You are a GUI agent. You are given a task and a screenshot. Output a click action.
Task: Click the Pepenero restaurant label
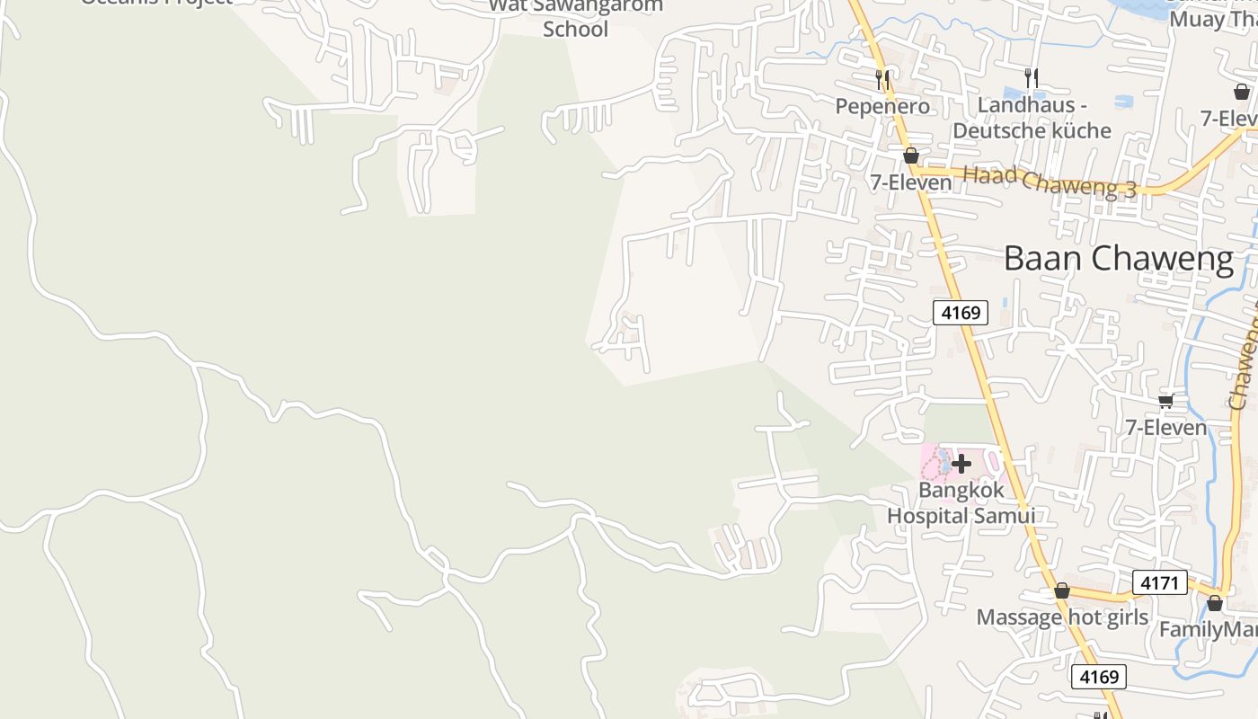(882, 106)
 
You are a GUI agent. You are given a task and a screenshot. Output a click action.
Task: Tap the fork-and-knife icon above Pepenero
(882, 79)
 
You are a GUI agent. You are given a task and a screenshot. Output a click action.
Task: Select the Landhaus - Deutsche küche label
(1032, 118)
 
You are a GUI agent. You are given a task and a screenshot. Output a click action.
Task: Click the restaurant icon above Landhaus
(1032, 78)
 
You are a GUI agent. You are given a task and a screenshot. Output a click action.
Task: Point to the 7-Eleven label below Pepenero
(910, 182)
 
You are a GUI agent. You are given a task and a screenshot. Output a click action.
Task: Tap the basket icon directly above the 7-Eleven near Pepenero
(911, 155)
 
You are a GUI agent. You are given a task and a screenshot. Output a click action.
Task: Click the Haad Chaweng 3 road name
(1050, 180)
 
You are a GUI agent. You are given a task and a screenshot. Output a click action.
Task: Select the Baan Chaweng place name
(1119, 259)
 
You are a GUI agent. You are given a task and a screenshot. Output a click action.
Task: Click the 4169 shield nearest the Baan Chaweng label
(961, 313)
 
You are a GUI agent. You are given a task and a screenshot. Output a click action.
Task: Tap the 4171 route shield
(1159, 582)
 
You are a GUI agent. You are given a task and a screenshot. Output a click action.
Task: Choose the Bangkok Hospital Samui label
(961, 503)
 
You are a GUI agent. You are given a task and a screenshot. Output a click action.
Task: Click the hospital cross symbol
(961, 464)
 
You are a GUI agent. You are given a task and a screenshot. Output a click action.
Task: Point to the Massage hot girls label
(1062, 617)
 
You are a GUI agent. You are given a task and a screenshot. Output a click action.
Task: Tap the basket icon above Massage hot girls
(1062, 590)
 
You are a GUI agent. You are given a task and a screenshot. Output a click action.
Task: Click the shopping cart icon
(1166, 401)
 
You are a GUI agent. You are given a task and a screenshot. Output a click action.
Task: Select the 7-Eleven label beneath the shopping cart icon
(1166, 428)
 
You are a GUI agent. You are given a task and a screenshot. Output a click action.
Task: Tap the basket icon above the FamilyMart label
(1215, 602)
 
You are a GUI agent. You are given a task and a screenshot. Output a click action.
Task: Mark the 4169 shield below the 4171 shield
(1099, 677)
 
